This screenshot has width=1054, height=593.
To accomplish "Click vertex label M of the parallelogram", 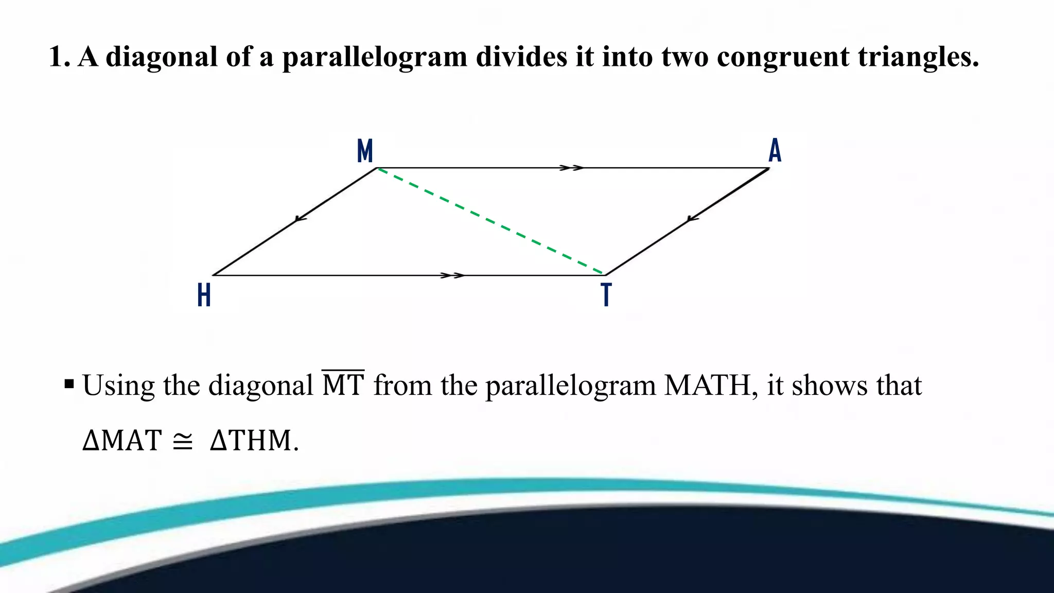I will [365, 151].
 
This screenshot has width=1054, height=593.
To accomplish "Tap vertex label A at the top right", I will [775, 151].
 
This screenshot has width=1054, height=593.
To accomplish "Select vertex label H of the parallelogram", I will [204, 295].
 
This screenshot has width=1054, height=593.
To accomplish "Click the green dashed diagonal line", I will [490, 221].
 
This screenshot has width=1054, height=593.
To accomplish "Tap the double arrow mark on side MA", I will [571, 168].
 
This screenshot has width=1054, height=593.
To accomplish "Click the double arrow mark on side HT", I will [453, 275].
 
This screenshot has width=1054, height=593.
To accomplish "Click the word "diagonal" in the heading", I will [162, 57].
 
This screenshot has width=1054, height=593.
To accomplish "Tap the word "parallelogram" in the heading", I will [375, 58].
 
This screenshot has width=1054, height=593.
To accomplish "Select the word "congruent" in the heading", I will [783, 58].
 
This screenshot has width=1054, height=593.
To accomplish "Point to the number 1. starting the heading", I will [59, 57].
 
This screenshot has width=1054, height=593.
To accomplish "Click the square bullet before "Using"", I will [69, 384].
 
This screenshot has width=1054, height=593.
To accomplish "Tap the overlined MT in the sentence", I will [343, 385].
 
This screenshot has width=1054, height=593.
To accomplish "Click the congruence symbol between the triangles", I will [183, 441].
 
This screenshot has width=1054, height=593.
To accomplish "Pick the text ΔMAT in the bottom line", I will [122, 441].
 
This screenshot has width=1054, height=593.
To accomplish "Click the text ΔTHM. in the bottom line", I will [254, 441].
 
